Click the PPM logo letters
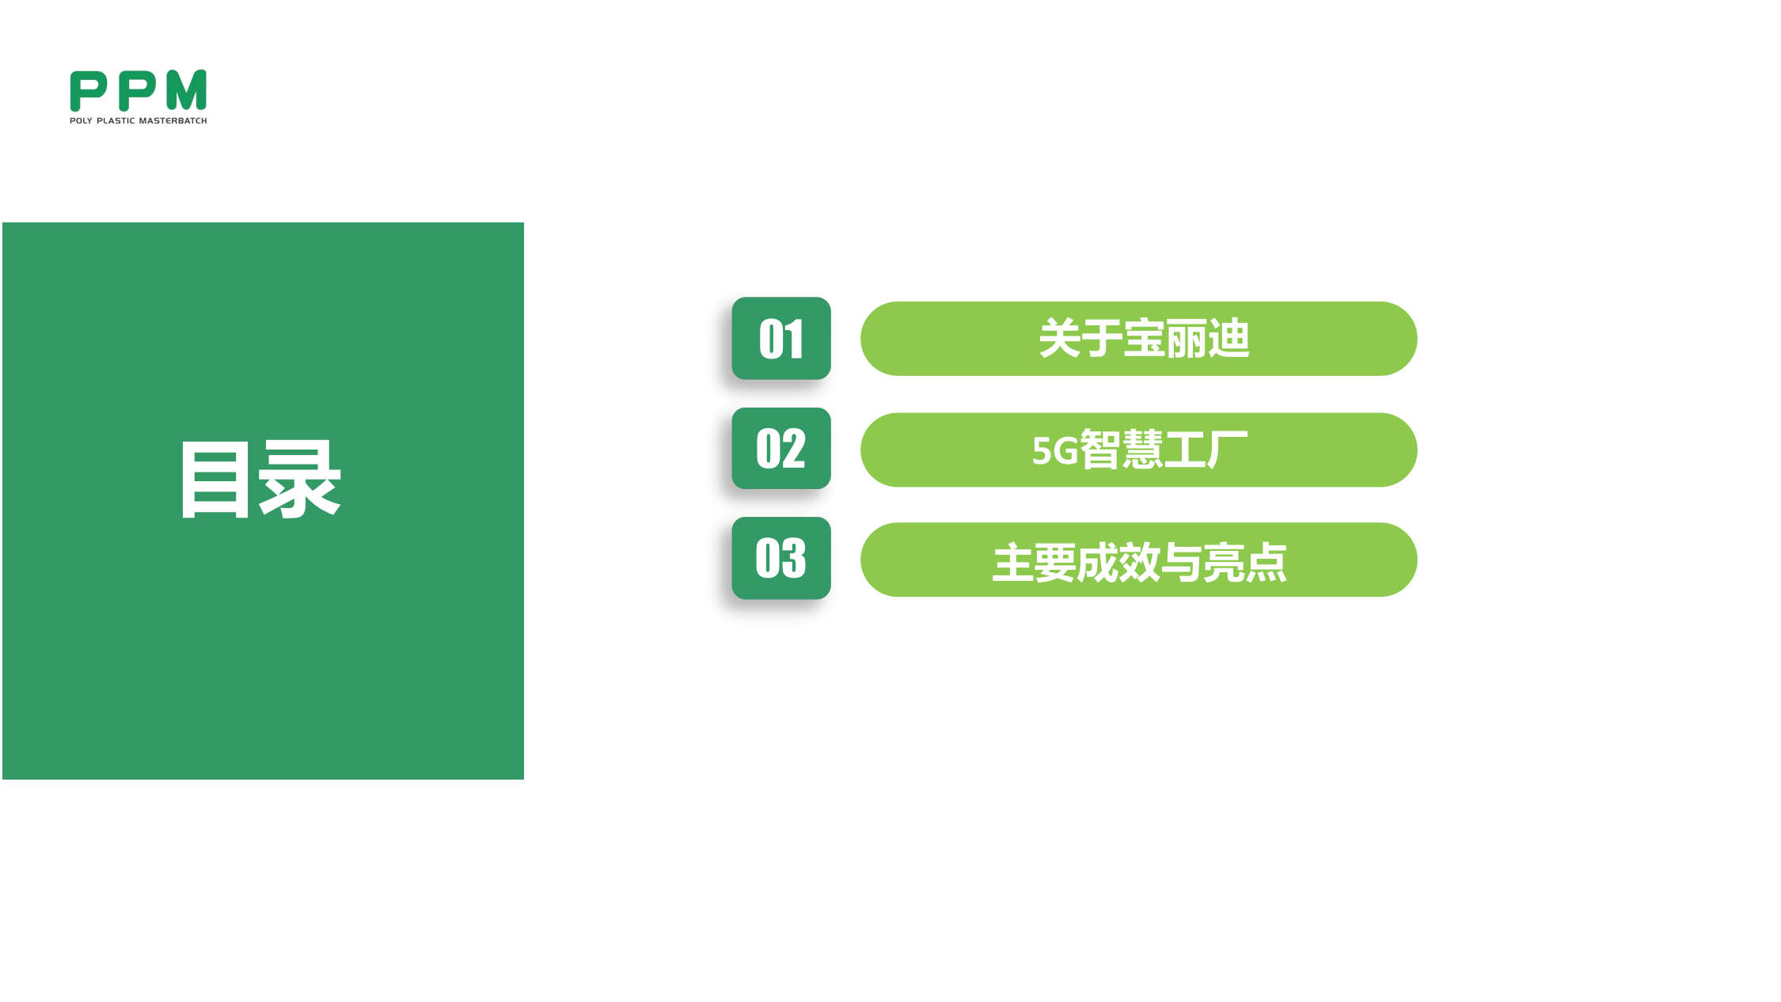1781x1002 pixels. point(139,91)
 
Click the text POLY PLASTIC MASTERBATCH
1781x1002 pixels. point(139,121)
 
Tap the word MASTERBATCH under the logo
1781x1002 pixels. point(173,121)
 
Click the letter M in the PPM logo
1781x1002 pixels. point(187,90)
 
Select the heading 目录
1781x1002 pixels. point(260,480)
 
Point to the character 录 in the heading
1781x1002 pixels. point(301,480)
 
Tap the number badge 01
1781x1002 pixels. point(781,339)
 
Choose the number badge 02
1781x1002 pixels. point(781,449)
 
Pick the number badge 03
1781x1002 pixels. point(781,558)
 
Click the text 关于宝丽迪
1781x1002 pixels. point(1144,339)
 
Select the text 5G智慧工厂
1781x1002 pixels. point(1140,450)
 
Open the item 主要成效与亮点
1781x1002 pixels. point(1140,563)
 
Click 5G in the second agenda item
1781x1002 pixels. point(1055,451)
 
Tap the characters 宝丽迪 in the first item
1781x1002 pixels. point(1187,339)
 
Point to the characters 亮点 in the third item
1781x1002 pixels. point(1245,563)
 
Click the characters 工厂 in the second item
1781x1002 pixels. point(1206,450)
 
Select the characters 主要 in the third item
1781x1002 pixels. point(1034,563)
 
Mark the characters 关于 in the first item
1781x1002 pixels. point(1080,339)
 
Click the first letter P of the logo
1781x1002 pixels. point(88,91)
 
